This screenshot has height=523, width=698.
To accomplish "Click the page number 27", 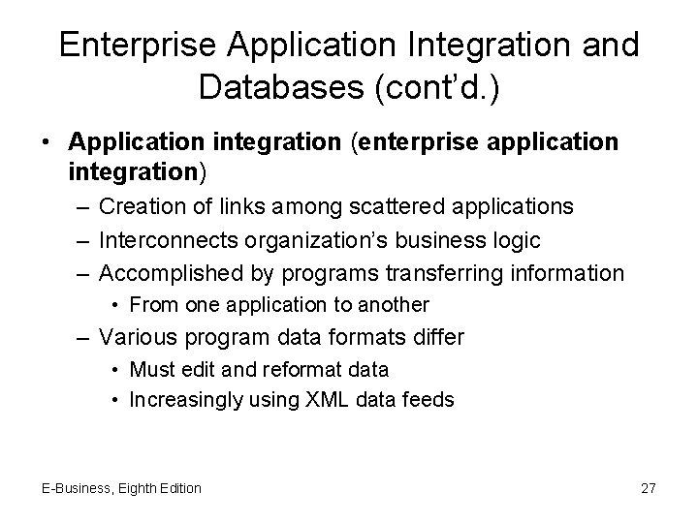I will tap(649, 488).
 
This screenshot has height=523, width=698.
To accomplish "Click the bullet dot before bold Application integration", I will tap(47, 141).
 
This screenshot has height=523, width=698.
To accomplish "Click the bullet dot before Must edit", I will tap(116, 369).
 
